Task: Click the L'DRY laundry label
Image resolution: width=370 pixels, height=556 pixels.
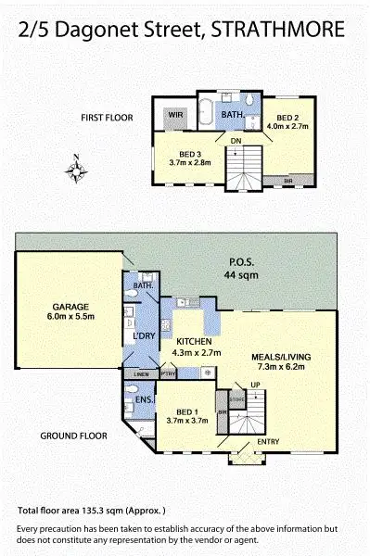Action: click(143, 335)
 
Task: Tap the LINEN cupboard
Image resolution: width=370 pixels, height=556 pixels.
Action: click(142, 373)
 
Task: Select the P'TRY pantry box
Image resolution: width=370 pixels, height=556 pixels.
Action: click(168, 373)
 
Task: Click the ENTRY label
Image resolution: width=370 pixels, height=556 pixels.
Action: click(267, 441)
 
